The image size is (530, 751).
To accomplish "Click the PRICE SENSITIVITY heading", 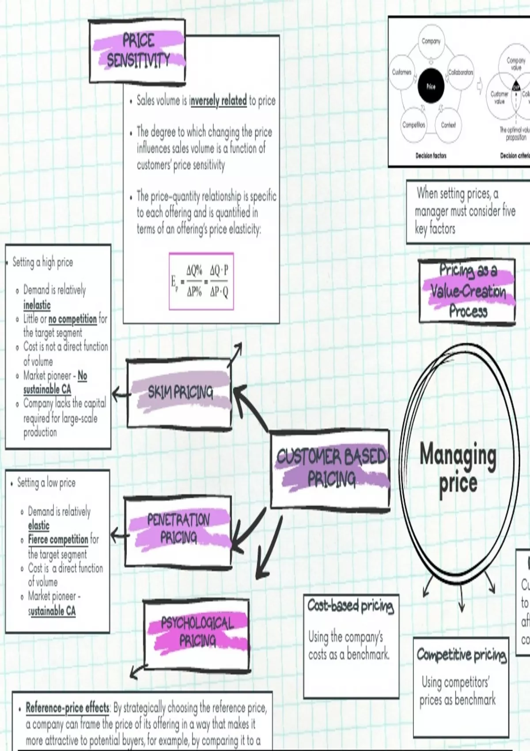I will click(x=138, y=50).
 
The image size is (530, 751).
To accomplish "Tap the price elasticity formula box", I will click(x=201, y=281).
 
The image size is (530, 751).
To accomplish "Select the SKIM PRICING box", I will click(x=179, y=393).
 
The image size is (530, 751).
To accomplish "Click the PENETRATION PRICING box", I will click(x=178, y=529).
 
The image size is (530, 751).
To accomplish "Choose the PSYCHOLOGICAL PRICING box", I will click(x=197, y=632).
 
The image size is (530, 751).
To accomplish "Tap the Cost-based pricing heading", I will click(x=350, y=606).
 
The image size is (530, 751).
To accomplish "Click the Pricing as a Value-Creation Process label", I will click(x=467, y=291).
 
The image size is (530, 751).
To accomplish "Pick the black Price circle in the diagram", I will click(x=431, y=86).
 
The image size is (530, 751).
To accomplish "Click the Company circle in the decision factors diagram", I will click(x=431, y=42).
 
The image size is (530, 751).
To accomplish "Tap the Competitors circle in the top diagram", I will click(x=413, y=125).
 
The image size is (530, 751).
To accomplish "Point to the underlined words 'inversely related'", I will click(x=218, y=101).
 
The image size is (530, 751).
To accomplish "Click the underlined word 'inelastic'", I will click(x=37, y=305).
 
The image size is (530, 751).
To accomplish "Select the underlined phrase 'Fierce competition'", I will click(x=58, y=539).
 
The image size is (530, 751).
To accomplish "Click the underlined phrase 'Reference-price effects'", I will click(x=67, y=708).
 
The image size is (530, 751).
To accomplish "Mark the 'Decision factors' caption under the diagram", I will click(x=431, y=156).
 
